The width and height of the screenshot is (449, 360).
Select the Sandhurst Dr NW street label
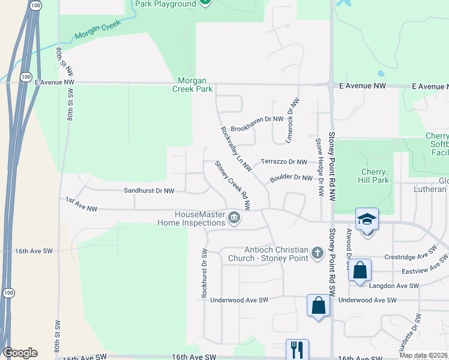(x=149, y=191)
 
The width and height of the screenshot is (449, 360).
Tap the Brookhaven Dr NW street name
(x=257, y=119)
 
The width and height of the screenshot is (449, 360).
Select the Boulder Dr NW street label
(x=291, y=178)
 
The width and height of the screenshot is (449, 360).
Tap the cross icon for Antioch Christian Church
(x=318, y=254)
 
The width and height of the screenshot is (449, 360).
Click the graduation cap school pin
(x=367, y=220)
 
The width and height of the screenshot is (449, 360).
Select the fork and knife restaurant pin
(x=297, y=350)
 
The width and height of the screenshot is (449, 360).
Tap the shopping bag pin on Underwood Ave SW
(x=318, y=305)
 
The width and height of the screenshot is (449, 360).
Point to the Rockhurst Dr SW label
(x=204, y=273)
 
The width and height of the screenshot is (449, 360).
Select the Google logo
(x=19, y=353)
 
